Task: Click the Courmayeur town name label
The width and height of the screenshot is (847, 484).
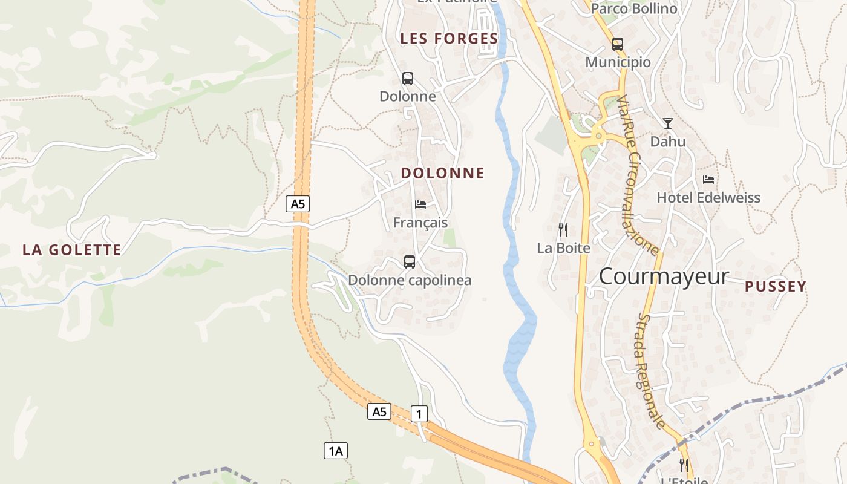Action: [664, 276]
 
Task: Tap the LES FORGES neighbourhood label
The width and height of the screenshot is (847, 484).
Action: [449, 39]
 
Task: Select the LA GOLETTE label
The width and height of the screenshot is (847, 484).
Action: [72, 250]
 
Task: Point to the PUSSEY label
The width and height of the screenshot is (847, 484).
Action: [776, 287]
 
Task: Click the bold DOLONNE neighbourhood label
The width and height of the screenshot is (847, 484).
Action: [443, 173]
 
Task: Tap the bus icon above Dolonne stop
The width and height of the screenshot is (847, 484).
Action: [408, 79]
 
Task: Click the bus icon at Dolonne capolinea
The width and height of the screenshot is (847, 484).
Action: [410, 262]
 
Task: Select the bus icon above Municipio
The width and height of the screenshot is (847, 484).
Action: [617, 44]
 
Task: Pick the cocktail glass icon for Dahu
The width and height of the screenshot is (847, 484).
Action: [667, 123]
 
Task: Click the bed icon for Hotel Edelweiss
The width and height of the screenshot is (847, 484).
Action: [708, 180]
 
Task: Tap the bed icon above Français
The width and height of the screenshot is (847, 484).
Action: [420, 204]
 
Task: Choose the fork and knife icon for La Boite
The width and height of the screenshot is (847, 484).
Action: [563, 230]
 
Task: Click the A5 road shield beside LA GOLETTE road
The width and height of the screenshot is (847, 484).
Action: [298, 204]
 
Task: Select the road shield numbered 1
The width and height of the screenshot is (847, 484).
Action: [419, 414]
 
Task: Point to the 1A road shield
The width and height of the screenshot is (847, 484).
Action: [336, 451]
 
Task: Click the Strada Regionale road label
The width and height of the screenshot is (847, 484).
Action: [651, 370]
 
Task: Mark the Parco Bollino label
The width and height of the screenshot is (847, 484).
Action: [634, 8]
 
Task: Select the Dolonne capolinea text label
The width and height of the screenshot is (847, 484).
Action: [410, 280]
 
